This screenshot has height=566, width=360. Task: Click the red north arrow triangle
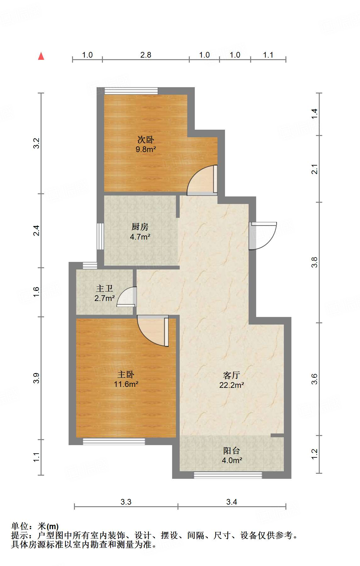(41, 56)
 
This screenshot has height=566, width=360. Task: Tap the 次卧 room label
(146, 139)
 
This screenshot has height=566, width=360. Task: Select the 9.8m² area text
(146, 149)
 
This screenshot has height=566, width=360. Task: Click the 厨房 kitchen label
(140, 227)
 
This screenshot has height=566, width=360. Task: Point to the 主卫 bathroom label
(104, 288)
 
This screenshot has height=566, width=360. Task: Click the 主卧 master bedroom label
(126, 374)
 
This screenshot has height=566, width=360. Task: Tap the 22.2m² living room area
(232, 385)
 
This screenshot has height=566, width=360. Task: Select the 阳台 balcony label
(232, 451)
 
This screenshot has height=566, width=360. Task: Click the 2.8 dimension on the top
(146, 55)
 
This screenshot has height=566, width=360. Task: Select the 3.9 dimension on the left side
(37, 378)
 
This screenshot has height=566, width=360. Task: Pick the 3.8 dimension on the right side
(314, 262)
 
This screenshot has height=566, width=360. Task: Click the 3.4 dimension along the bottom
(232, 502)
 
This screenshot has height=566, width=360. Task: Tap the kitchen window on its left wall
(100, 236)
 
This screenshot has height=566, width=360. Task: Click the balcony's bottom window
(228, 475)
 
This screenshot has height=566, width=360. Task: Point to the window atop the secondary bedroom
(131, 91)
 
